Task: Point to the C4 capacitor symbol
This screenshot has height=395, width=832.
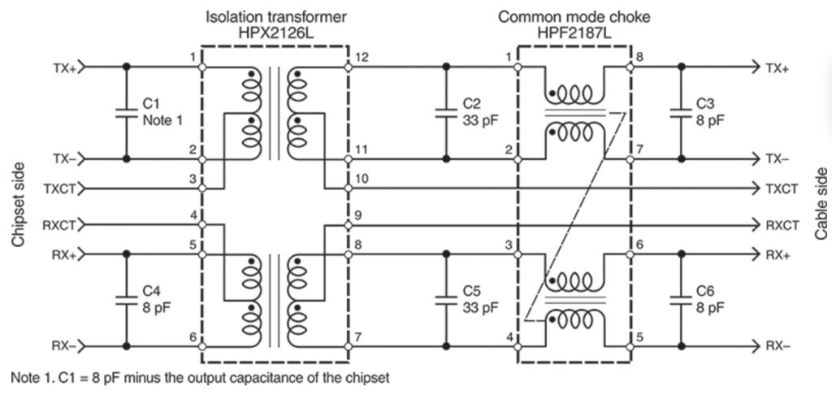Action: pyautogui.click(x=126, y=300)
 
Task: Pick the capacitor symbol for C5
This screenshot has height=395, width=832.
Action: pyautogui.click(x=446, y=300)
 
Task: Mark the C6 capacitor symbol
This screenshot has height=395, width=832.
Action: pyautogui.click(x=681, y=300)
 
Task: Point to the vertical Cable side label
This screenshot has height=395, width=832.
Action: pyautogui.click(x=820, y=204)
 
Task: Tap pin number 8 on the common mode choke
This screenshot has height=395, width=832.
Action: pyautogui.click(x=641, y=58)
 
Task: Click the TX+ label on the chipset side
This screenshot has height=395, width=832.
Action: pyautogui.click(x=64, y=68)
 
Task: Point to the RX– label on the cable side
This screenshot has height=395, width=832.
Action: pyautogui.click(x=778, y=345)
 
